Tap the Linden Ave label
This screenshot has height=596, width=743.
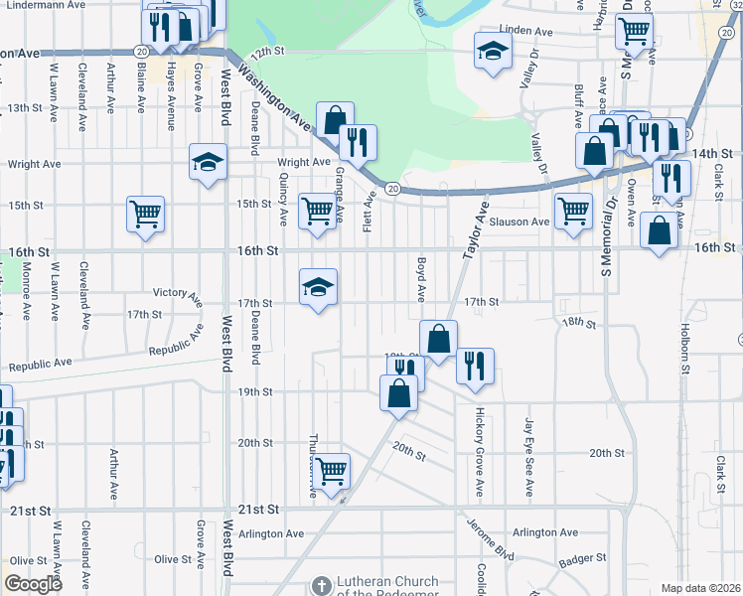[x=525, y=32]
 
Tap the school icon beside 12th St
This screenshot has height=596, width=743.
[x=491, y=51]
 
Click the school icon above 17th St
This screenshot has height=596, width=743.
[x=318, y=287]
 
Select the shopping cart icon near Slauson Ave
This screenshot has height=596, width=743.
[x=573, y=211]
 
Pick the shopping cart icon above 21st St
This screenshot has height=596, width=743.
[x=331, y=471]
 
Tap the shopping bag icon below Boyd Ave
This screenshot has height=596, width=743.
[x=437, y=338]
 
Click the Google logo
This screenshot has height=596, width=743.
[x=34, y=584]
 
